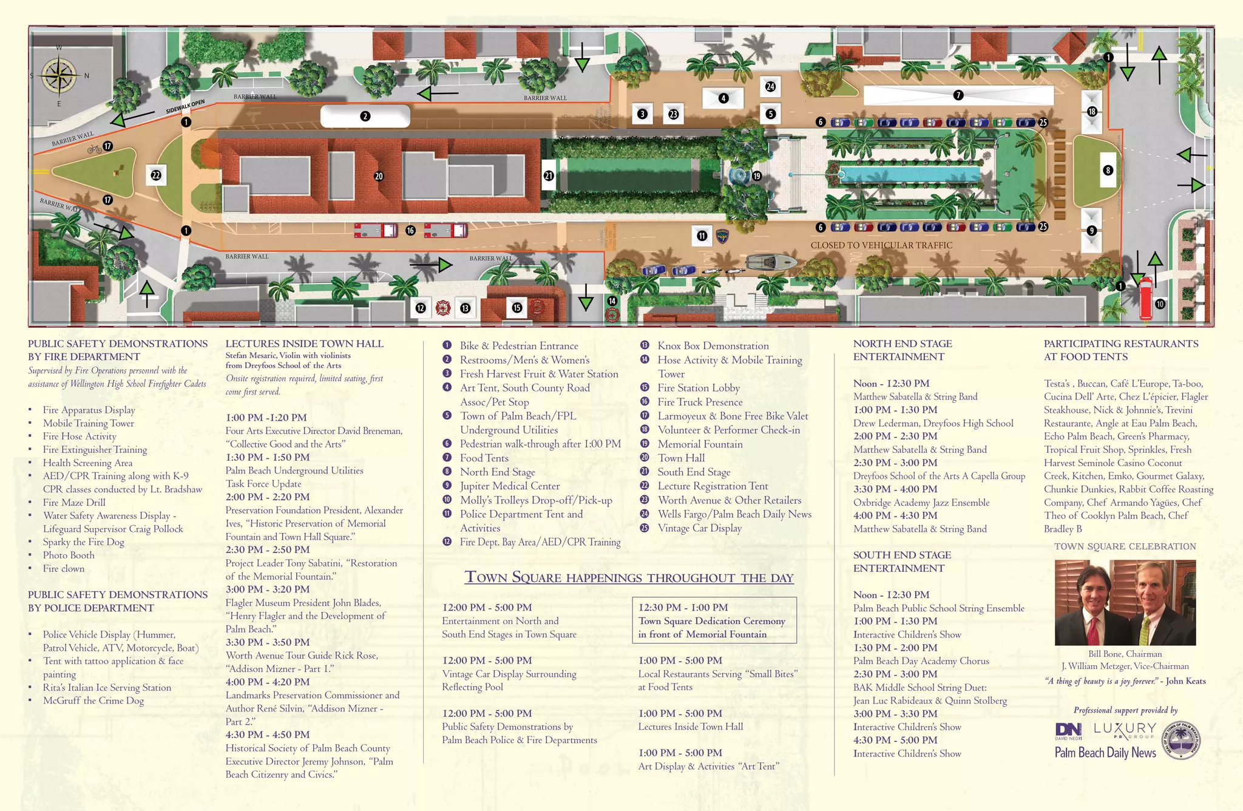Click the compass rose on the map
coord(59,76)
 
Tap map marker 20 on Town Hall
coord(379,176)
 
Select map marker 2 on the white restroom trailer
coord(365,116)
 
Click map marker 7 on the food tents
coord(958,95)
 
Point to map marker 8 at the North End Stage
coord(1108,171)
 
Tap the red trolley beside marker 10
coord(1145,298)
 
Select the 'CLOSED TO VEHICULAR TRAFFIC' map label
coord(881,245)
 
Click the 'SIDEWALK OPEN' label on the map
coord(185,107)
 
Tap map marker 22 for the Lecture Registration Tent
coord(156,175)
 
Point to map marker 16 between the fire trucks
coord(410,231)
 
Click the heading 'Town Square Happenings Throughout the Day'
coord(629,577)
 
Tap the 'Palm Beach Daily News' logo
coord(1105,753)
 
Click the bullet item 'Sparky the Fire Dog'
coord(83,542)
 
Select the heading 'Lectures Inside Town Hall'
coord(304,344)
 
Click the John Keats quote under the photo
coord(1125,681)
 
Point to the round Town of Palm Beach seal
coord(1181,741)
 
